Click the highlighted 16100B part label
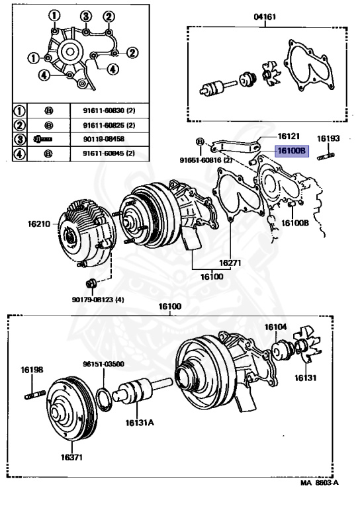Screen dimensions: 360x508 click(x=292, y=151)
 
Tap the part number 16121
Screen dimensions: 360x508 click(x=289, y=136)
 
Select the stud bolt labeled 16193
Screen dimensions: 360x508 click(x=326, y=157)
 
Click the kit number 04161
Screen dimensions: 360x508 click(x=265, y=16)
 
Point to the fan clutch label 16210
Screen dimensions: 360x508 click(x=39, y=224)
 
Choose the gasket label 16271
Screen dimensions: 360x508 click(x=230, y=263)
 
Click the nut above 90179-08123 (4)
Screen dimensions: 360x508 click(x=91, y=284)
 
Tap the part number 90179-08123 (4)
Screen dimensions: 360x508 click(x=98, y=300)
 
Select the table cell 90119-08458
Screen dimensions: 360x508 click(x=103, y=139)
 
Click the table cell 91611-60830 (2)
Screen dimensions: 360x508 click(x=109, y=110)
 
